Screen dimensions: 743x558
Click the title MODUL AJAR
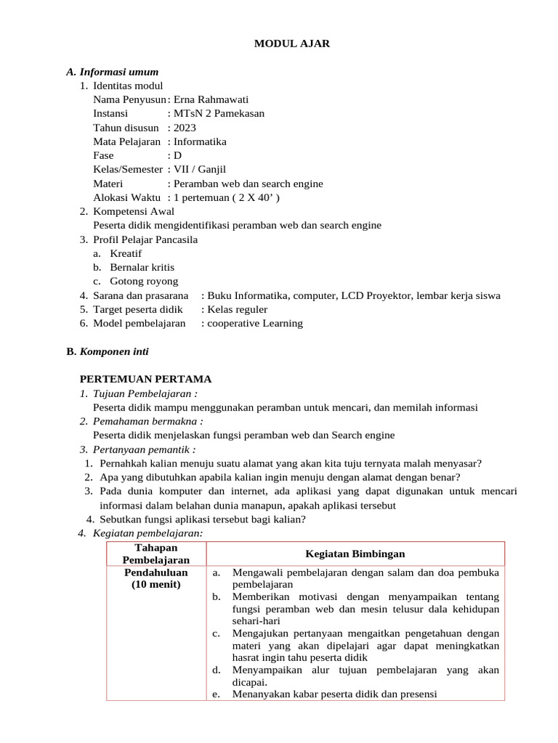click(x=291, y=44)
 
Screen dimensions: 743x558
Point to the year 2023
click(x=185, y=128)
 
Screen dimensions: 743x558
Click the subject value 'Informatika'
click(x=200, y=141)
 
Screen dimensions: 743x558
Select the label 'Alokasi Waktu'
click(x=126, y=197)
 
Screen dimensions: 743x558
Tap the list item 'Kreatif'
click(x=126, y=253)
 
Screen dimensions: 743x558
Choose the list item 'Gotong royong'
click(x=143, y=282)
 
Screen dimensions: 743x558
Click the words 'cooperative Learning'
click(x=255, y=324)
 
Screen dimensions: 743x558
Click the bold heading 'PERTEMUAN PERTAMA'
click(x=145, y=379)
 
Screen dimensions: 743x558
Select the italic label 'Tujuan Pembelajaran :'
click(x=145, y=393)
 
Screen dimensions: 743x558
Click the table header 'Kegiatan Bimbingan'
click(x=355, y=554)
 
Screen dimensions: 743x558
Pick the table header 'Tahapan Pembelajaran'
click(x=156, y=554)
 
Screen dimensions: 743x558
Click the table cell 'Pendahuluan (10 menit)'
click(x=156, y=578)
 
